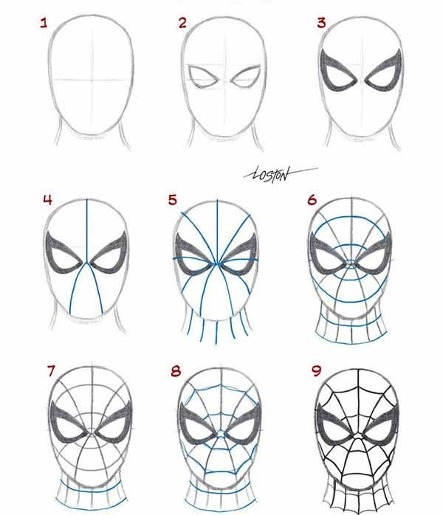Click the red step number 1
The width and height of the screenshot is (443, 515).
pyautogui.click(x=44, y=23)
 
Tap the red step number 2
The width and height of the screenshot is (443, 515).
pyautogui.click(x=182, y=23)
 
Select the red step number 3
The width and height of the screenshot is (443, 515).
pyautogui.click(x=321, y=23)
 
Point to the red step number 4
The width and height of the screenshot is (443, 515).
pyautogui.click(x=48, y=200)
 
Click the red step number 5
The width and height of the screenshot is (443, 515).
pyautogui.click(x=173, y=200)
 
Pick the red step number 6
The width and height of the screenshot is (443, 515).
pyautogui.click(x=312, y=200)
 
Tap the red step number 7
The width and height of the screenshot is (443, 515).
pyautogui.click(x=51, y=371)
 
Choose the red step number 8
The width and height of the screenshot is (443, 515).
pyautogui.click(x=176, y=371)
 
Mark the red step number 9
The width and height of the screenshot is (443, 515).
pyautogui.click(x=316, y=371)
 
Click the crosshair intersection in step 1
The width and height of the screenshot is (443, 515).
pyautogui.click(x=92, y=80)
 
